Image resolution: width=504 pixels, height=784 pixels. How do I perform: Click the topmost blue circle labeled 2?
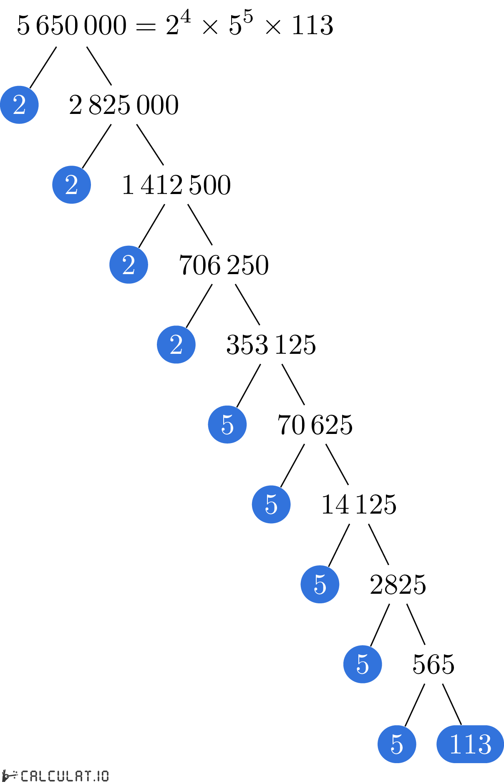pyautogui.click(x=19, y=105)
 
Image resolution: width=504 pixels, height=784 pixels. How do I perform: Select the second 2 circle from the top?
pyautogui.click(x=71, y=185)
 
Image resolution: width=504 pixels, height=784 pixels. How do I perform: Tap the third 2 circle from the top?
pyautogui.click(x=129, y=265)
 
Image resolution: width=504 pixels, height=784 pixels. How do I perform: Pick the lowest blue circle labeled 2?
pyautogui.click(x=176, y=345)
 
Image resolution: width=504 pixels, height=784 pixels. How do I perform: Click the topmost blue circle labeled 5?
pyautogui.click(x=227, y=424)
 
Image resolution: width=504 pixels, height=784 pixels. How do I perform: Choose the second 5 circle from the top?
pyautogui.click(x=271, y=504)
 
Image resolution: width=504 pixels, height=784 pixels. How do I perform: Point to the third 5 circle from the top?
pyautogui.click(x=320, y=584)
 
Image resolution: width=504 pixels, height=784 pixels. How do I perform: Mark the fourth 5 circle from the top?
pyautogui.click(x=363, y=664)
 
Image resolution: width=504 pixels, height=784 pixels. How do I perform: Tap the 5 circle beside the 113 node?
pyautogui.click(x=397, y=744)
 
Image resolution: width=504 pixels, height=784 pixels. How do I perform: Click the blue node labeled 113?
pyautogui.click(x=470, y=744)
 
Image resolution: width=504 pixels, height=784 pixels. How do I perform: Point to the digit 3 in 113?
pyautogui.click(x=484, y=744)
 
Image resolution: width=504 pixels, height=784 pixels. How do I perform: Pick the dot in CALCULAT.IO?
pyautogui.click(x=95, y=779)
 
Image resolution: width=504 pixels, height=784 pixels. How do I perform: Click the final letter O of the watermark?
pyautogui.click(x=105, y=776)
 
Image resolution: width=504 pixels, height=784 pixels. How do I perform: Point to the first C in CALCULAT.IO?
pyautogui.click(x=25, y=776)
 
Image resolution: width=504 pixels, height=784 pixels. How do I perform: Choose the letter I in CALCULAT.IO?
pyautogui.click(x=98, y=776)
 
